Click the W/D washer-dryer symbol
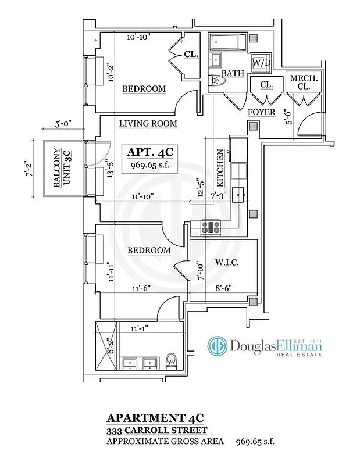click(258, 62)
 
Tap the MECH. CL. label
click(300, 82)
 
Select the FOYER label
click(261, 112)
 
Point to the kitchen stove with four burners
click(210, 227)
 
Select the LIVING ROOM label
click(148, 124)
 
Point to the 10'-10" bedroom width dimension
click(139, 37)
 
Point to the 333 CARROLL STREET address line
click(156, 430)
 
